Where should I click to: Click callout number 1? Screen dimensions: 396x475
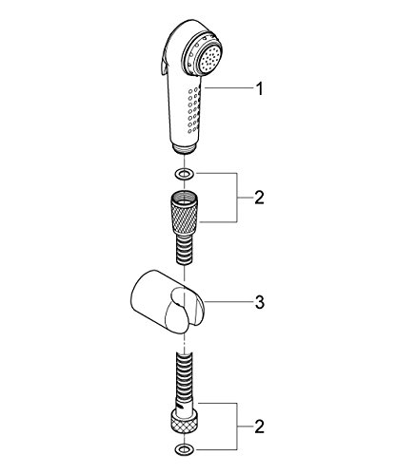pyautogui.click(x=260, y=88)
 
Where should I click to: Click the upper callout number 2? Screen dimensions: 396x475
pyautogui.click(x=259, y=198)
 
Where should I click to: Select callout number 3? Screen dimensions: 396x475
pyautogui.click(x=260, y=302)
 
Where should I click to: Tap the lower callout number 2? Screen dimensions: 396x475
pyautogui.click(x=259, y=427)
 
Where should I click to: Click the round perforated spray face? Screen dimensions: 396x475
pyautogui.click(x=208, y=60)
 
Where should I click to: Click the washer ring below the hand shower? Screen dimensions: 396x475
pyautogui.click(x=185, y=174)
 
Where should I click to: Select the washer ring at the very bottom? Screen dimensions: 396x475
pyautogui.click(x=184, y=448)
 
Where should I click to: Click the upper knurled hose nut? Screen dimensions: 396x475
pyautogui.click(x=185, y=211)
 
